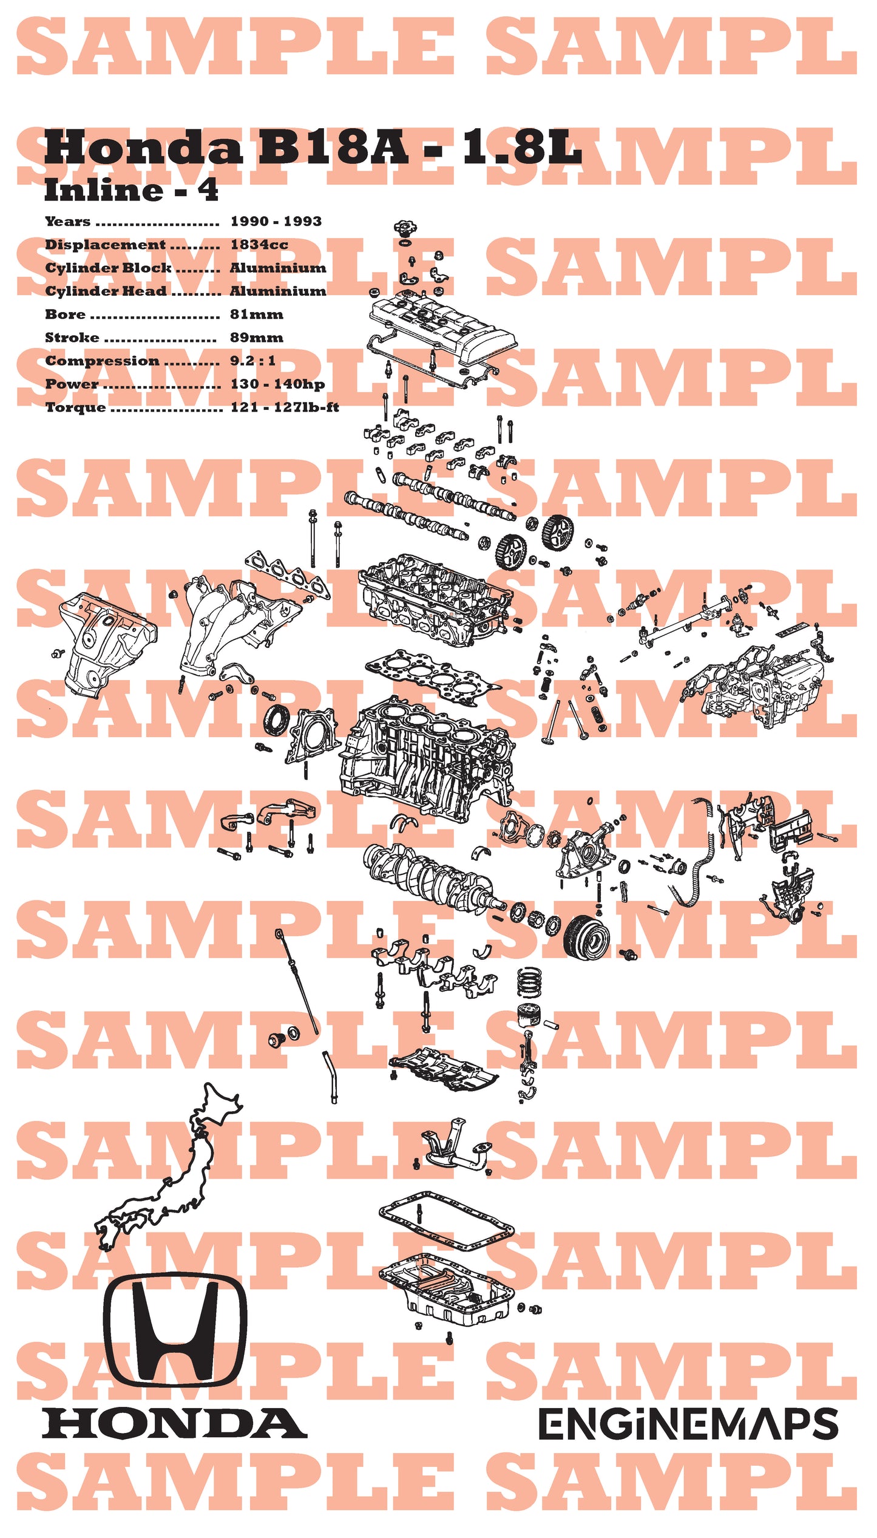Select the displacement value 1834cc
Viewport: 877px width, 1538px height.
click(259, 245)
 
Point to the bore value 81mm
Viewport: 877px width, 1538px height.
click(256, 315)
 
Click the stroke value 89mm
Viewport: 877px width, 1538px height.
click(256, 338)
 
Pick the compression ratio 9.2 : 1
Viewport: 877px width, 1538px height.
click(252, 361)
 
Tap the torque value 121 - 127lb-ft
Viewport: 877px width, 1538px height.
click(285, 407)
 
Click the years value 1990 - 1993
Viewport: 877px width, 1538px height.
click(276, 222)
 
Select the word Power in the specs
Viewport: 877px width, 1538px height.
click(72, 384)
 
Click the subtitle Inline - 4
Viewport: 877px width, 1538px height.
click(131, 191)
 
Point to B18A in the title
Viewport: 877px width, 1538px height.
click(333, 148)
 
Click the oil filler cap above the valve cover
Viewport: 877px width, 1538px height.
click(405, 230)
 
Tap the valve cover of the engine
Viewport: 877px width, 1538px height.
click(442, 328)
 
